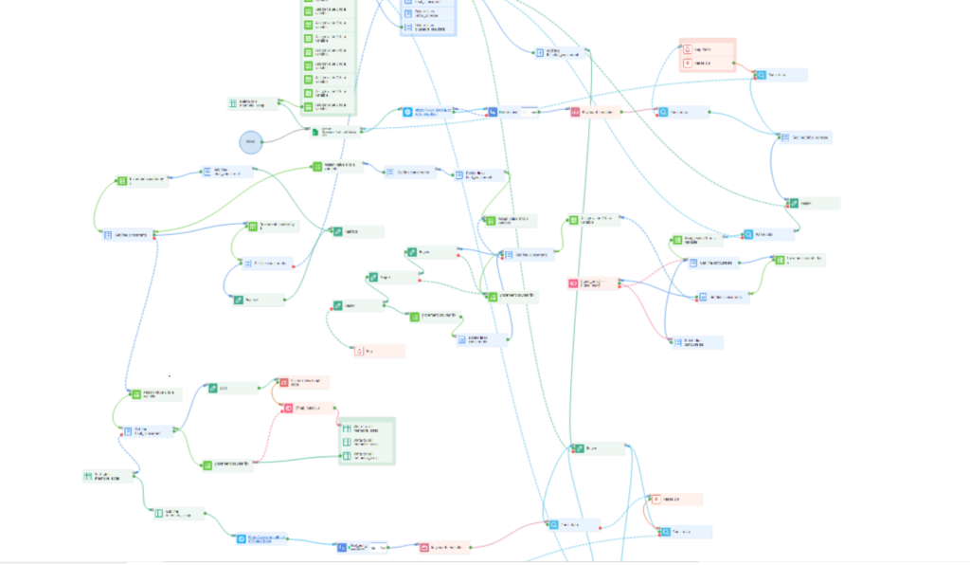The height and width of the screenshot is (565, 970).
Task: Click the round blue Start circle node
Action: (249, 141)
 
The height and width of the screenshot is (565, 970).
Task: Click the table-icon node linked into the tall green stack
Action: (254, 102)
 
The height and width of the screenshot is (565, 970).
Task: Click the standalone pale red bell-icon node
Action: (378, 352)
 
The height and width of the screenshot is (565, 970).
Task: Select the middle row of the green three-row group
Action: (366, 442)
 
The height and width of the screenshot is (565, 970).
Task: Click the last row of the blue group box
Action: (429, 27)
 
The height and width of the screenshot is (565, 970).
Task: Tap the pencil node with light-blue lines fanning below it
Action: (598, 448)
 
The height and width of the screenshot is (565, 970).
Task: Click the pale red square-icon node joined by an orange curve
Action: (674, 499)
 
